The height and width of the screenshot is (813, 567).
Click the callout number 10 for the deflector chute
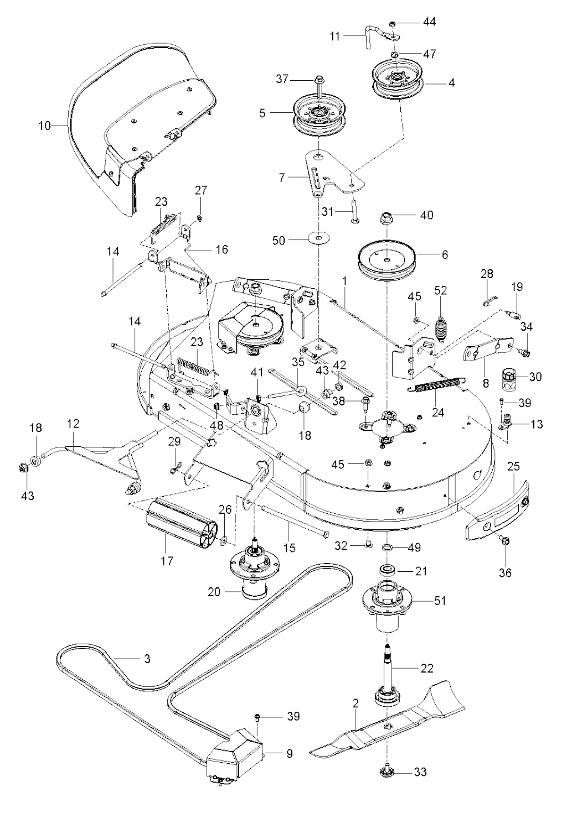point(44,126)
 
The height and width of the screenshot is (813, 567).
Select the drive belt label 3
point(146,659)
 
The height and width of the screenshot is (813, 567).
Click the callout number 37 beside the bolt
point(282,79)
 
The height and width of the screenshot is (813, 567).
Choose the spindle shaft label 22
point(427,668)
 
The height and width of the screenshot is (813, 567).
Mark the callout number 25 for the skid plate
point(513,467)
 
